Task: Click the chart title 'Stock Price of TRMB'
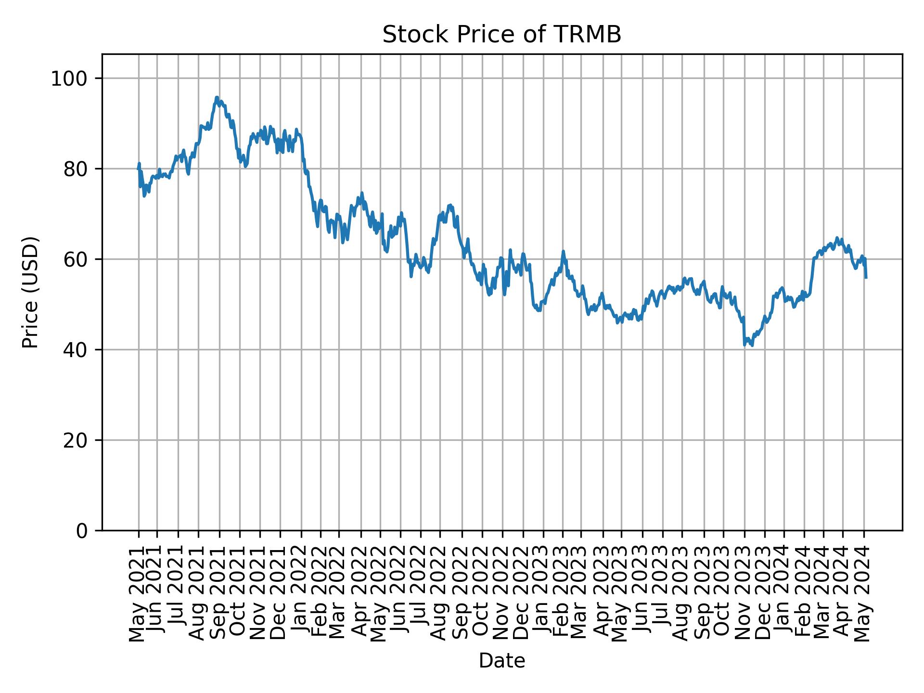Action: coord(501,35)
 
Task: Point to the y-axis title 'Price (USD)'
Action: coord(30,292)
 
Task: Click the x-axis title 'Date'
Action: coord(501,661)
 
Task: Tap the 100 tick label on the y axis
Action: coord(72,78)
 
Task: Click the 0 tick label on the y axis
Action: coord(82,531)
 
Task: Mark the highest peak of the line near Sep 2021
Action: coord(217,97)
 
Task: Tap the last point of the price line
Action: coord(866,278)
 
